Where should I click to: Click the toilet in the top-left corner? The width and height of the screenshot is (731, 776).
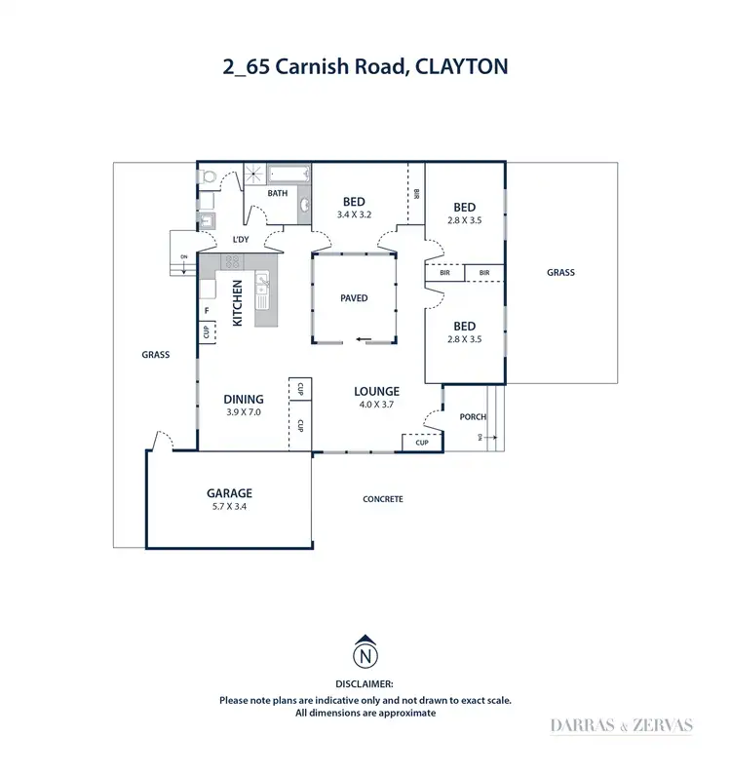pyautogui.click(x=208, y=176)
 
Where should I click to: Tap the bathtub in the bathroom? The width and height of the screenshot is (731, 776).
pyautogui.click(x=289, y=175)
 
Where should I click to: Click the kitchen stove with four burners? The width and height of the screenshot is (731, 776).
pyautogui.click(x=233, y=260)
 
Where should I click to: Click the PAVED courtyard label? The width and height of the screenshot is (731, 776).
pyautogui.click(x=355, y=297)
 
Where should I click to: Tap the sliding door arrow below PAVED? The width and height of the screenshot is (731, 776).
pyautogui.click(x=363, y=340)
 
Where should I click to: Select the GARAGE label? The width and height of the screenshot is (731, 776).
pyautogui.click(x=230, y=493)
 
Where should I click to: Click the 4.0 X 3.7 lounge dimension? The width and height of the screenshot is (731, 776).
pyautogui.click(x=376, y=404)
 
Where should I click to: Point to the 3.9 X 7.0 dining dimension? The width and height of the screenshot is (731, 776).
pyautogui.click(x=244, y=411)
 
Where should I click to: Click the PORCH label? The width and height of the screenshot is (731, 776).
pyautogui.click(x=473, y=417)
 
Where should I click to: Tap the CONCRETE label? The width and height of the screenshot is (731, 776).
pyautogui.click(x=383, y=499)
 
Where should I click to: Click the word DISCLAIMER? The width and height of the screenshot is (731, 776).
pyautogui.click(x=365, y=685)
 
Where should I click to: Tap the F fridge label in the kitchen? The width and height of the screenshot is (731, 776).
pyautogui.click(x=207, y=311)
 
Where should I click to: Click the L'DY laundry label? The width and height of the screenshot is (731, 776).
pyautogui.click(x=240, y=238)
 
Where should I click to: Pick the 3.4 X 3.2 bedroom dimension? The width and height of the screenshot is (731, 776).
pyautogui.click(x=354, y=213)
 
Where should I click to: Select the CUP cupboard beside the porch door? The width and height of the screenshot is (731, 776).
pyautogui.click(x=421, y=443)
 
